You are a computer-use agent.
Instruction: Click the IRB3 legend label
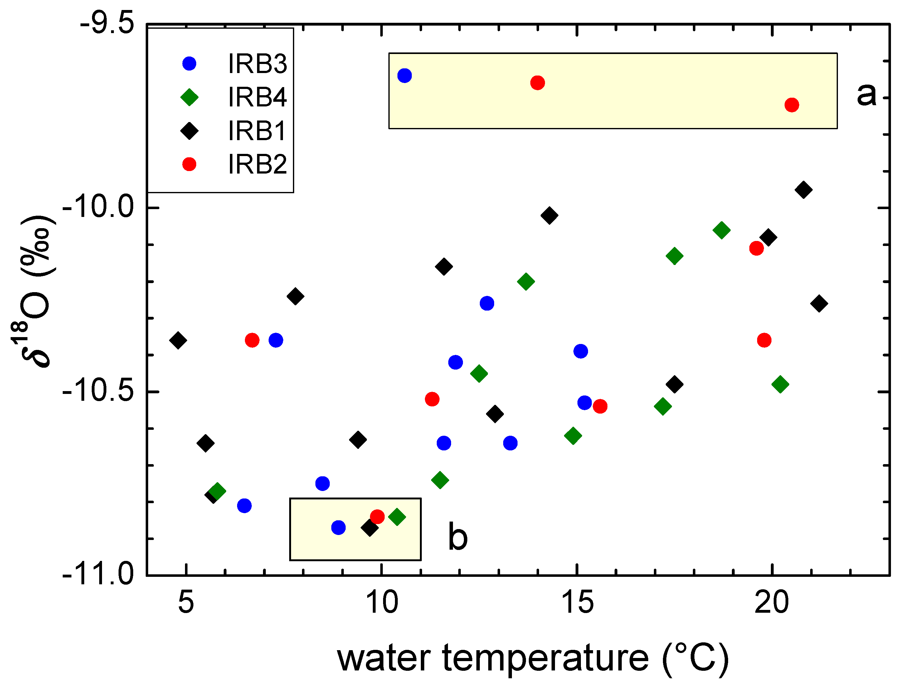(257, 64)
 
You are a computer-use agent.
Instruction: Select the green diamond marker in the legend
(189, 97)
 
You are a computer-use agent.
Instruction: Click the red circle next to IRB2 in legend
(189, 164)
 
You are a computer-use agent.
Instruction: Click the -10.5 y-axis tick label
(98, 392)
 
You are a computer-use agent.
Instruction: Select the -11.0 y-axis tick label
(98, 575)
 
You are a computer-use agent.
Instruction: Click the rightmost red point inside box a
(792, 105)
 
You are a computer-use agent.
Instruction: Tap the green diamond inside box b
(397, 517)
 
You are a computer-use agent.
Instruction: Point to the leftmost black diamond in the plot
(178, 340)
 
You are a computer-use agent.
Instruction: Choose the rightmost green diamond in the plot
(780, 384)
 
